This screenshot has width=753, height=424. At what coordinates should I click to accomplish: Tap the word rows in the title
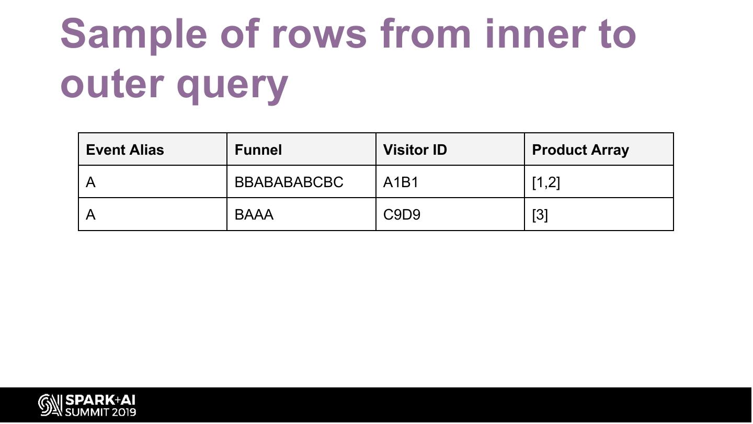(x=319, y=35)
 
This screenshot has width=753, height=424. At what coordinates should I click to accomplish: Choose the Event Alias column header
(x=125, y=150)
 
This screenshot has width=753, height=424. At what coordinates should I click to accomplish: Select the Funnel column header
(x=258, y=150)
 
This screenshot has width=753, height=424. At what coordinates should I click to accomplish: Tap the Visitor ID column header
(x=415, y=150)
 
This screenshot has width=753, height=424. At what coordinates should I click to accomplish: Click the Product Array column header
(x=580, y=150)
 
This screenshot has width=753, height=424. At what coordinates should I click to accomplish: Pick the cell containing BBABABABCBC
(x=289, y=182)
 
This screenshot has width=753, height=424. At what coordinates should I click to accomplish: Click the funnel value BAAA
(x=254, y=215)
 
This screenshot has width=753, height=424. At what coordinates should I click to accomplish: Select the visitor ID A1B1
(x=401, y=182)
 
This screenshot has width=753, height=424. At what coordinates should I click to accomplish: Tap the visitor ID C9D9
(x=402, y=215)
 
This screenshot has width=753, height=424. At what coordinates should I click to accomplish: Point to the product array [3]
(x=540, y=215)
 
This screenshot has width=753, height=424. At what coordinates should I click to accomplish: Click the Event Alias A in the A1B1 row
(x=91, y=182)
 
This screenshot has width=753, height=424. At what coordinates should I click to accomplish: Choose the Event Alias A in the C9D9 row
(x=91, y=215)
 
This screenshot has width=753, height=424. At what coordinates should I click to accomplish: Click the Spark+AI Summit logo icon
(x=50, y=405)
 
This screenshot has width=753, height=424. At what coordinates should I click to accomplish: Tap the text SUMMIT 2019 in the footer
(x=100, y=412)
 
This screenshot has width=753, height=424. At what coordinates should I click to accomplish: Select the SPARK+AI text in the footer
(x=100, y=400)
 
